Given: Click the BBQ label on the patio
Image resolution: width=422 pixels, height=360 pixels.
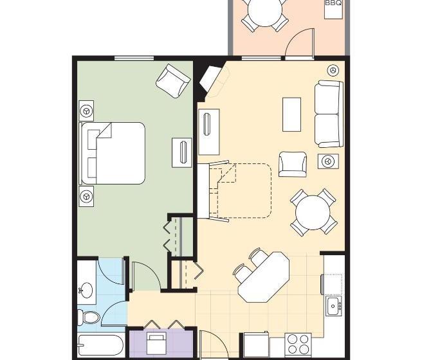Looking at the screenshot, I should click(333, 3).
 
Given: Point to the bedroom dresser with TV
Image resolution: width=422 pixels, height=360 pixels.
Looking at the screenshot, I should click(181, 152).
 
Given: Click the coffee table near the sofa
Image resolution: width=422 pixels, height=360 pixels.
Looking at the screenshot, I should click(292, 114).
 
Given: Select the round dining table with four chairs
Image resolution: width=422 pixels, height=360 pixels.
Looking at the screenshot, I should click(312, 211).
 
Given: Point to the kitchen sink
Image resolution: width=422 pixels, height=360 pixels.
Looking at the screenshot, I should click(333, 306).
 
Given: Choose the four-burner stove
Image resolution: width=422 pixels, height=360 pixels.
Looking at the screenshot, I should click(298, 343).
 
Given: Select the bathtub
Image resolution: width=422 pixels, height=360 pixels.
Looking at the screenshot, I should click(99, 346).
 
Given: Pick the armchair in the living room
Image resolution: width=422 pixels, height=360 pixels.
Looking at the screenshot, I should click(293, 163).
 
